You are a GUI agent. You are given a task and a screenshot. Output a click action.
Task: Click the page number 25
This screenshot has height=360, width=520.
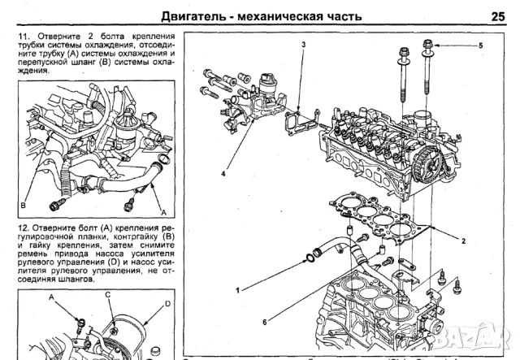[x=497, y=14]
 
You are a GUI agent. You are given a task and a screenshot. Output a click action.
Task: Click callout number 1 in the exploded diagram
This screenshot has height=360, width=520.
[x=238, y=290]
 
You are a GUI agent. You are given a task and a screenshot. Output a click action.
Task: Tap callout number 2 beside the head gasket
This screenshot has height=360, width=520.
[x=463, y=241]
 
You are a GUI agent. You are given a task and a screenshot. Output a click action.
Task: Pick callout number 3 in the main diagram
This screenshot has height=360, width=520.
[x=303, y=43]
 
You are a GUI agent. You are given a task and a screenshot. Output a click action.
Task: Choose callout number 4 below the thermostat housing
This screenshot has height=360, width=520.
[x=222, y=174]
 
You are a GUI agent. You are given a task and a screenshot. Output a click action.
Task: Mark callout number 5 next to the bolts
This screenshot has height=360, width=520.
[x=479, y=46]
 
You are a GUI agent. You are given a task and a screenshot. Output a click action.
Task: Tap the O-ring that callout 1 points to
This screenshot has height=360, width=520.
[x=310, y=260]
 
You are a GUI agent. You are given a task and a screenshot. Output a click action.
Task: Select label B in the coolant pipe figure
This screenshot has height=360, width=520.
[x=24, y=205]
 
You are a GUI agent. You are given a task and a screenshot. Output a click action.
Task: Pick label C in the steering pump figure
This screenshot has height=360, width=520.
[x=106, y=295]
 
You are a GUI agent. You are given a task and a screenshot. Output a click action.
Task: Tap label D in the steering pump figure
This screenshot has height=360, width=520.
[x=167, y=304]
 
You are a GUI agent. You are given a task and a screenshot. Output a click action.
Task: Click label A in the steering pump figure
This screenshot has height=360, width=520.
[x=51, y=297]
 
